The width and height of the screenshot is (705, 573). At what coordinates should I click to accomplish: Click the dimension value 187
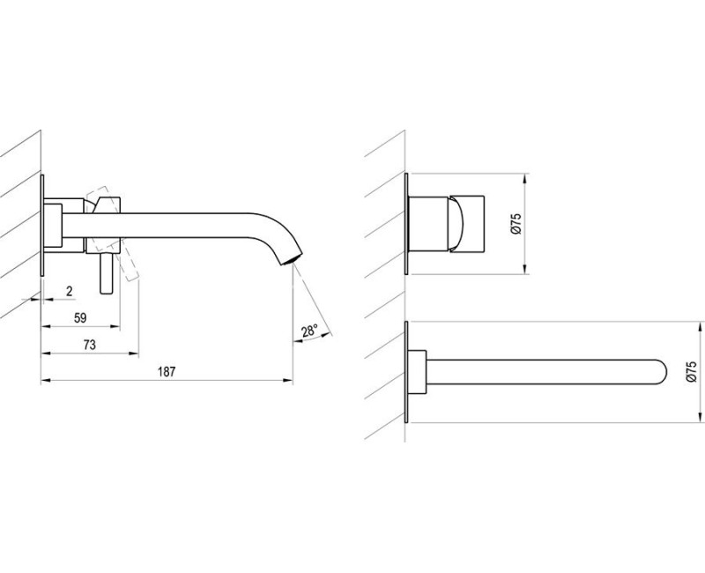167,372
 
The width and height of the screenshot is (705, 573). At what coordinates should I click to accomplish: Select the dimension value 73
90,345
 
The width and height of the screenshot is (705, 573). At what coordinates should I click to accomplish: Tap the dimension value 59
80,318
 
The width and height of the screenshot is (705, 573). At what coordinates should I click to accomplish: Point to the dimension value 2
70,292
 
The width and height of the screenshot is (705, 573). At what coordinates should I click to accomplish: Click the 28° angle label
310,331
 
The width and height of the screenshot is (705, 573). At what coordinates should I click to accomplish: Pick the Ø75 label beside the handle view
516,224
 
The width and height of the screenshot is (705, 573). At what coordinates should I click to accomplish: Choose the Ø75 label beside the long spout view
692,372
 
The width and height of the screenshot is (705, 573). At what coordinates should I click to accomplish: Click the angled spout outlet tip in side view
289,261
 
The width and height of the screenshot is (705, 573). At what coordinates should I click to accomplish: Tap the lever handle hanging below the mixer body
107,273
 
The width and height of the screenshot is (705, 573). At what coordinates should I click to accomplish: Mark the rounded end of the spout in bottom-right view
662,372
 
